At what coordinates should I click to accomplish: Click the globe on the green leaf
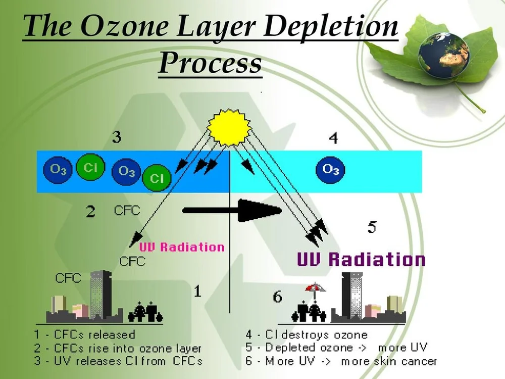(444, 55)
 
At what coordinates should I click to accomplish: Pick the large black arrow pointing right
(232, 210)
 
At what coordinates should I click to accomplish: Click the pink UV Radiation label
(182, 247)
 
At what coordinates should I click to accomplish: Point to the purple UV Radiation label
(361, 259)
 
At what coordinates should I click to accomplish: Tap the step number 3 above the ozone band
(117, 137)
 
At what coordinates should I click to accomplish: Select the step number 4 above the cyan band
(333, 137)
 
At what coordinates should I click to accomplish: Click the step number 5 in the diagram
(372, 227)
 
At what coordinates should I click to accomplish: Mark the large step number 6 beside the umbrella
(278, 297)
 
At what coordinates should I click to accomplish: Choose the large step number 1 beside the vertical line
(197, 291)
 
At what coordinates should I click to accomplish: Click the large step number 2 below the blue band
(90, 212)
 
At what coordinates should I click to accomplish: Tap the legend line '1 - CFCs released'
(85, 335)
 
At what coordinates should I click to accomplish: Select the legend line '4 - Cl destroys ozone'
(307, 335)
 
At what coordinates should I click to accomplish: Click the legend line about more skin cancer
(341, 361)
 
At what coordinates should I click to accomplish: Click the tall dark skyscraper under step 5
(351, 295)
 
